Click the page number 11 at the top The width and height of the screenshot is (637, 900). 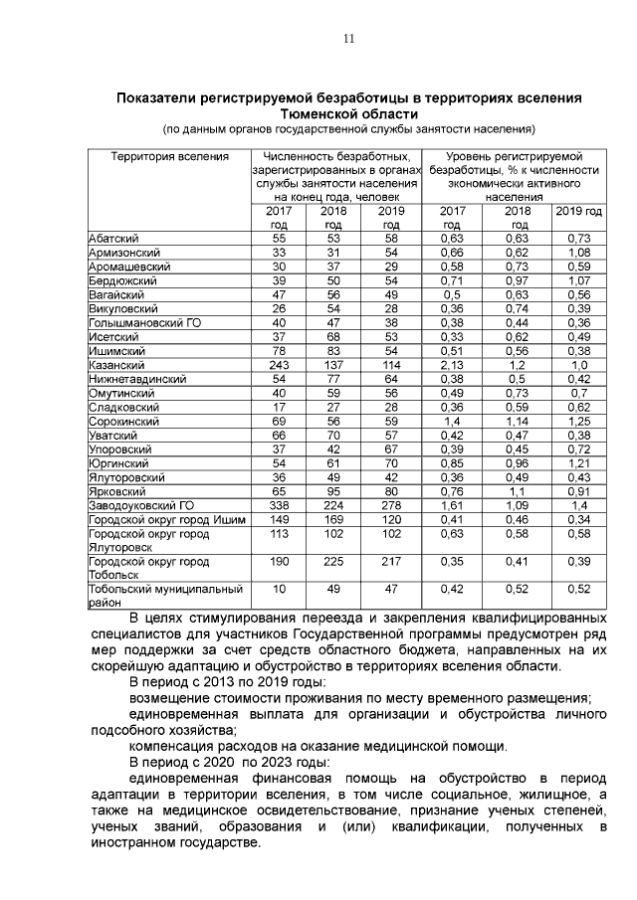click(348, 39)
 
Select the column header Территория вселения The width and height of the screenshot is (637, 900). click(169, 157)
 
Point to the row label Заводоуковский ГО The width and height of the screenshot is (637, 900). click(140, 505)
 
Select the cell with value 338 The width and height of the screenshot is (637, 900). click(279, 505)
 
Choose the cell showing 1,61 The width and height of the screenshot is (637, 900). click(452, 505)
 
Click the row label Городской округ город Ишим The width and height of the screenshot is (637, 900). click(166, 519)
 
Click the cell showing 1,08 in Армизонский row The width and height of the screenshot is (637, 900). click(578, 254)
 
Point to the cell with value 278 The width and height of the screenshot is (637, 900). click(391, 505)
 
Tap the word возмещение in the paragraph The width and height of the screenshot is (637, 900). click(174, 698)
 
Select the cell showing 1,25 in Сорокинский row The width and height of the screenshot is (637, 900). click(578, 422)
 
